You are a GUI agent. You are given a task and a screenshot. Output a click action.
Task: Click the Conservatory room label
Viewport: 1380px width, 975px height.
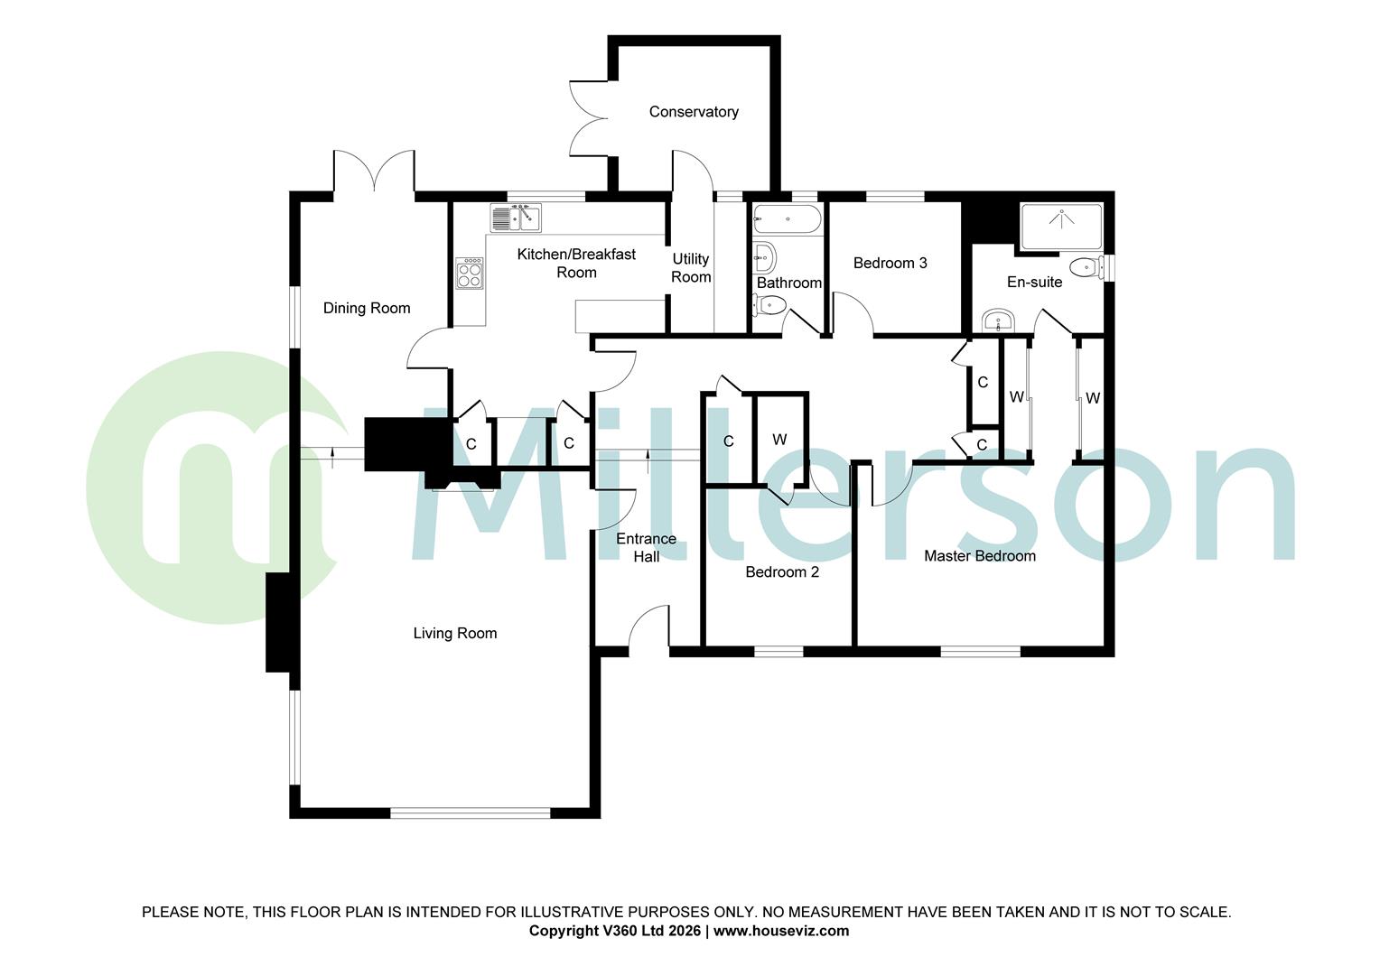(x=694, y=112)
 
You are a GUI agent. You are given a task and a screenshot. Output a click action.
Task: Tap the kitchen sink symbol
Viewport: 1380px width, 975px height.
(x=516, y=218)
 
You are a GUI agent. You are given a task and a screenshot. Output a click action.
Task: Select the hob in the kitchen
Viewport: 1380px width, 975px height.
(x=470, y=273)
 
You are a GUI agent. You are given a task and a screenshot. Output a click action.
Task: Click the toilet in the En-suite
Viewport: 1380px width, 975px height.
(x=1084, y=267)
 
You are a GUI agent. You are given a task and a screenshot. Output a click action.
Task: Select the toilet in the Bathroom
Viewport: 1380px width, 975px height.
(x=769, y=304)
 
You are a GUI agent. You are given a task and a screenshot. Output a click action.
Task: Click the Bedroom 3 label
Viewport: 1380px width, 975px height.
(x=890, y=263)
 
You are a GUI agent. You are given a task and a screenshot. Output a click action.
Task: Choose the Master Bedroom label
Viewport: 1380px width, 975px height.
(x=979, y=556)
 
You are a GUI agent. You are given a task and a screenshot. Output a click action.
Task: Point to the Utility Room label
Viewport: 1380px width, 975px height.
(x=691, y=268)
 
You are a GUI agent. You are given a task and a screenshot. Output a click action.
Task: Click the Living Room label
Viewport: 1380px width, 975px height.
(x=455, y=634)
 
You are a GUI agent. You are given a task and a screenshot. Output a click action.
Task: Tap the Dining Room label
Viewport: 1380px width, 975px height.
(x=367, y=308)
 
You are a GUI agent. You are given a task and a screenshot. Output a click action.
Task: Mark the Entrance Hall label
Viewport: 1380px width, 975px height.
(x=646, y=548)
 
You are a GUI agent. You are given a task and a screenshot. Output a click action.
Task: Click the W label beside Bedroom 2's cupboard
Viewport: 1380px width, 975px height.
(x=779, y=440)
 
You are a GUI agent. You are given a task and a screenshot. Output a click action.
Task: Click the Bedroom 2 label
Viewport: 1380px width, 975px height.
(x=782, y=572)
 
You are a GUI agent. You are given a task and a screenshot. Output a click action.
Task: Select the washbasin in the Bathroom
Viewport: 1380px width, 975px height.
(x=765, y=257)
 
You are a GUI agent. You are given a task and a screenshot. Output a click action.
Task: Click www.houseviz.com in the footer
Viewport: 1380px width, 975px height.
(x=781, y=931)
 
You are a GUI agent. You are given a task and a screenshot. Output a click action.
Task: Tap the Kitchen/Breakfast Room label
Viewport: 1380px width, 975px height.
(x=576, y=264)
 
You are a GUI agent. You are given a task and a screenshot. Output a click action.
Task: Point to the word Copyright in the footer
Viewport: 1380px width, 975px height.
(x=563, y=931)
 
